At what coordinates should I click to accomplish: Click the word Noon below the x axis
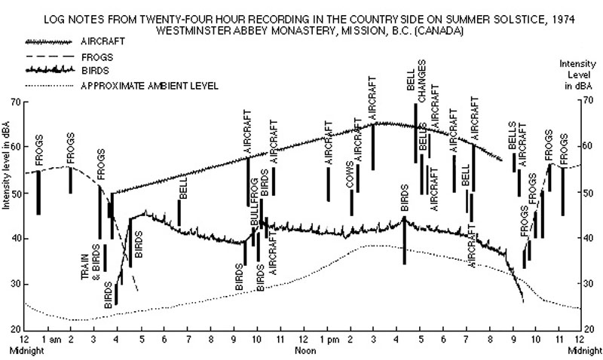click(302, 351)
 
